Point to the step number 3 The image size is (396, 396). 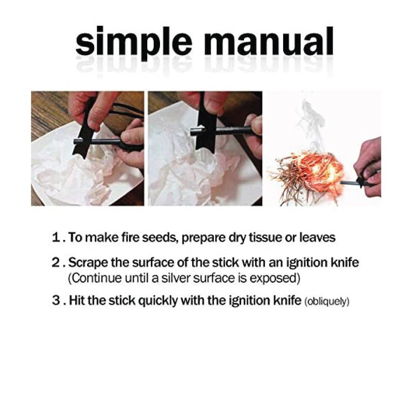[x=56, y=301]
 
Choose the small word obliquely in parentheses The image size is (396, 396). [x=327, y=301]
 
